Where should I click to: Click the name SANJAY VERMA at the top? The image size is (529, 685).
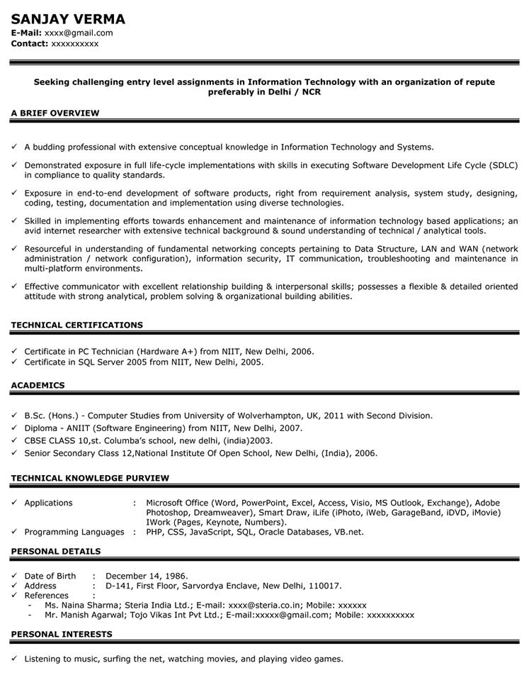coord(68,19)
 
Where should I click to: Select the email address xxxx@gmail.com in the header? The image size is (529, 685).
coord(79,33)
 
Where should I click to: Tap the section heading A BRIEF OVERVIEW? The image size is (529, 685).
coord(55,113)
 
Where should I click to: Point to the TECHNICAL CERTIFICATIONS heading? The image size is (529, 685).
coord(76,325)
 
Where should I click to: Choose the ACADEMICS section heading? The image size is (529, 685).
coord(38,385)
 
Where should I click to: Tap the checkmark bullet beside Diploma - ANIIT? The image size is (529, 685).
coord(14,428)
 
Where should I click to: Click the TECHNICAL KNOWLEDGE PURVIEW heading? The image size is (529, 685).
coord(90,478)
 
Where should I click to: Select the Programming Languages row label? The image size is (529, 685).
coord(74,532)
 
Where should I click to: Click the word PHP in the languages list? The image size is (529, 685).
coord(155,532)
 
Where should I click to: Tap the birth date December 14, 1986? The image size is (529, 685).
coord(147,576)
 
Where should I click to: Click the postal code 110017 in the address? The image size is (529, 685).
coord(324,586)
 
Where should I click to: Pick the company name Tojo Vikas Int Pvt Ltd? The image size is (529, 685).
coord(181,615)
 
